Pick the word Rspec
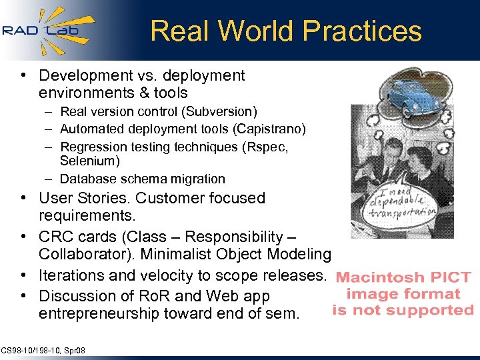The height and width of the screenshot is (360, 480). [264, 146]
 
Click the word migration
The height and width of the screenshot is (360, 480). [198, 179]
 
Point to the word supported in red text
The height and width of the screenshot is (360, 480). [437, 310]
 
